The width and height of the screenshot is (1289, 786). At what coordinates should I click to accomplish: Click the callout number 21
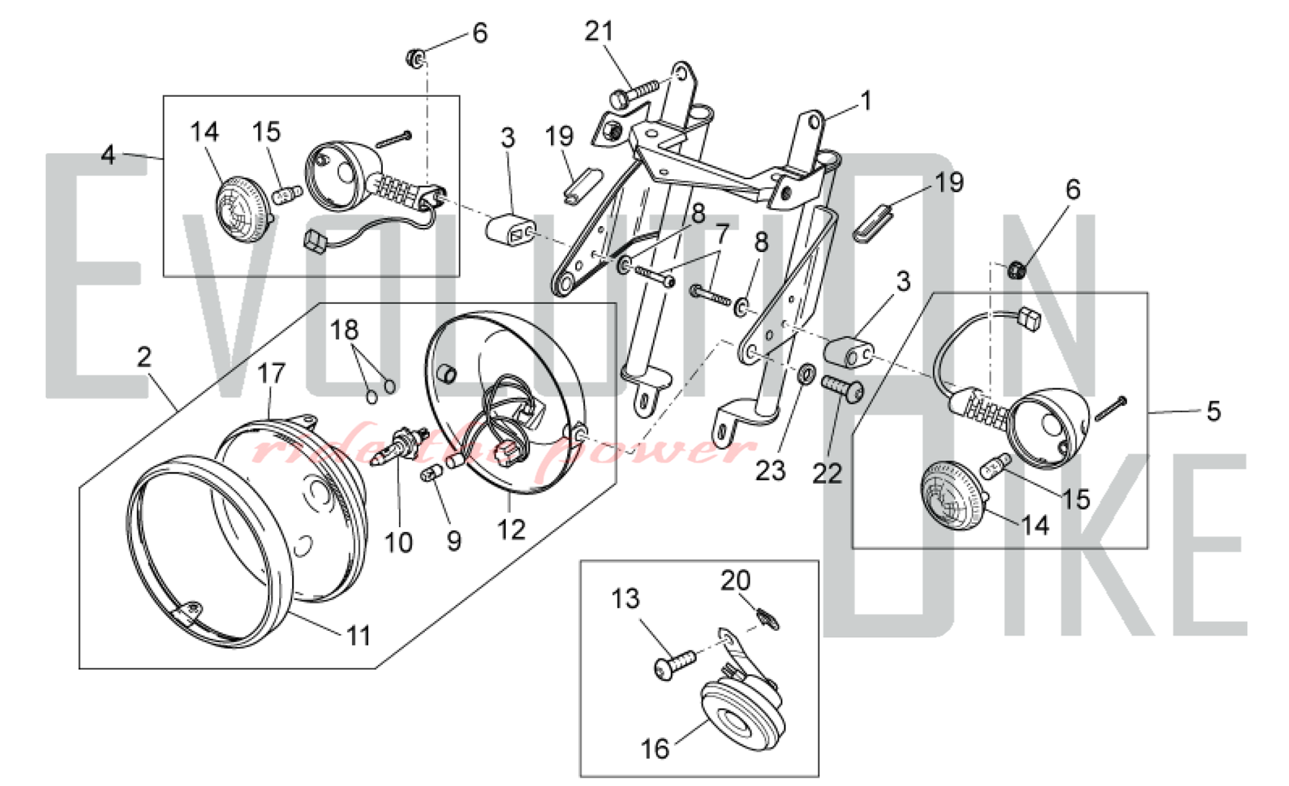[x=599, y=31]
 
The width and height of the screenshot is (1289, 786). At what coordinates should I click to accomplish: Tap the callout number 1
[x=866, y=101]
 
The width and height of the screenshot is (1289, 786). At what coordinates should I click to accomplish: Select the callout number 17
[x=271, y=374]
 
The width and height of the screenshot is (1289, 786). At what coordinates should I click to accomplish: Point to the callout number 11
[x=359, y=637]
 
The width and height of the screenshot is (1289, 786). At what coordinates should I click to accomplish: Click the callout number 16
[x=655, y=749]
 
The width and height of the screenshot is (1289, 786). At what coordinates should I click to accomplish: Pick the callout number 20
[x=735, y=581]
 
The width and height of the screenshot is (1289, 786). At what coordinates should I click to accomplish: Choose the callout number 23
[x=770, y=472]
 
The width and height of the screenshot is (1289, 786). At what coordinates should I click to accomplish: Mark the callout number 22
[x=828, y=474]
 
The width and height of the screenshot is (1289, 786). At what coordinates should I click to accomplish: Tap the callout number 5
[x=1214, y=411]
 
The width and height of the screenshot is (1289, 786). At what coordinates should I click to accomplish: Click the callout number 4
[x=108, y=155]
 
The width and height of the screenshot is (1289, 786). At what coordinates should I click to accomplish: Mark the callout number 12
[x=511, y=530]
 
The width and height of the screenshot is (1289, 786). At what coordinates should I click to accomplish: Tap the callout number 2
[x=144, y=356]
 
